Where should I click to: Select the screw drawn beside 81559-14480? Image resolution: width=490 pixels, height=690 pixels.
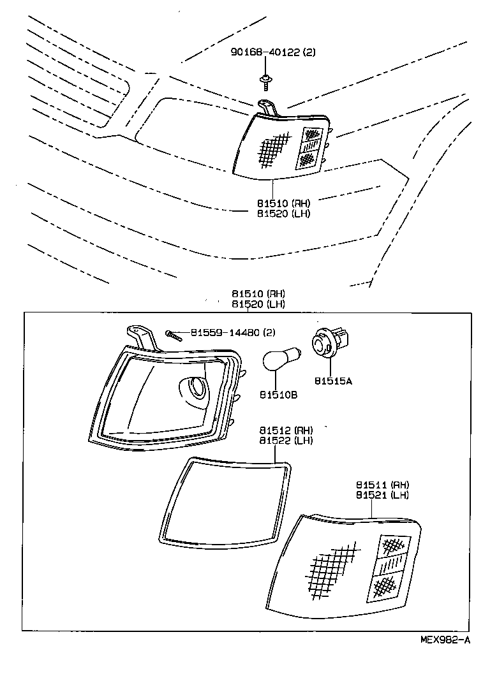tap(173, 334)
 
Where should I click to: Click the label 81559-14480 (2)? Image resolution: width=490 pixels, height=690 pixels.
tap(223, 332)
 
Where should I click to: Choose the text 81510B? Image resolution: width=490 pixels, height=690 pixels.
tap(278, 395)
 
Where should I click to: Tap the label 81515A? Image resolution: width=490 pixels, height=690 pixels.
tap(332, 381)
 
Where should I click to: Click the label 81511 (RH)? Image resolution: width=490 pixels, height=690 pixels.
tap(382, 485)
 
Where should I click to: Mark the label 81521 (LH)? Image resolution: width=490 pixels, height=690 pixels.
tap(382, 495)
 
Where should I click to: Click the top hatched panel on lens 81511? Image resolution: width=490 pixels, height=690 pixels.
tap(392, 546)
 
